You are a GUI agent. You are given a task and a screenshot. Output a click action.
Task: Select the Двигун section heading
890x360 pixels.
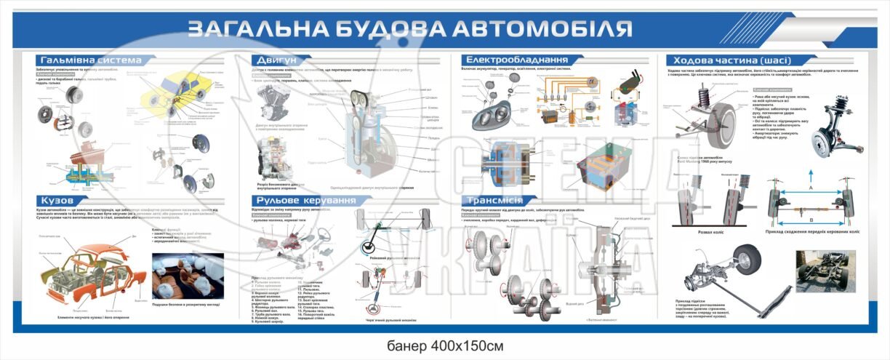(x=275, y=60)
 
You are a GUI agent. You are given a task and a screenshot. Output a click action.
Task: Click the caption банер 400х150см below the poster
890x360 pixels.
(x=444, y=344)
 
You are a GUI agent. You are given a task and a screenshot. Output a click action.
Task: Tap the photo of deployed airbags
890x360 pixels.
(x=188, y=275)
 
